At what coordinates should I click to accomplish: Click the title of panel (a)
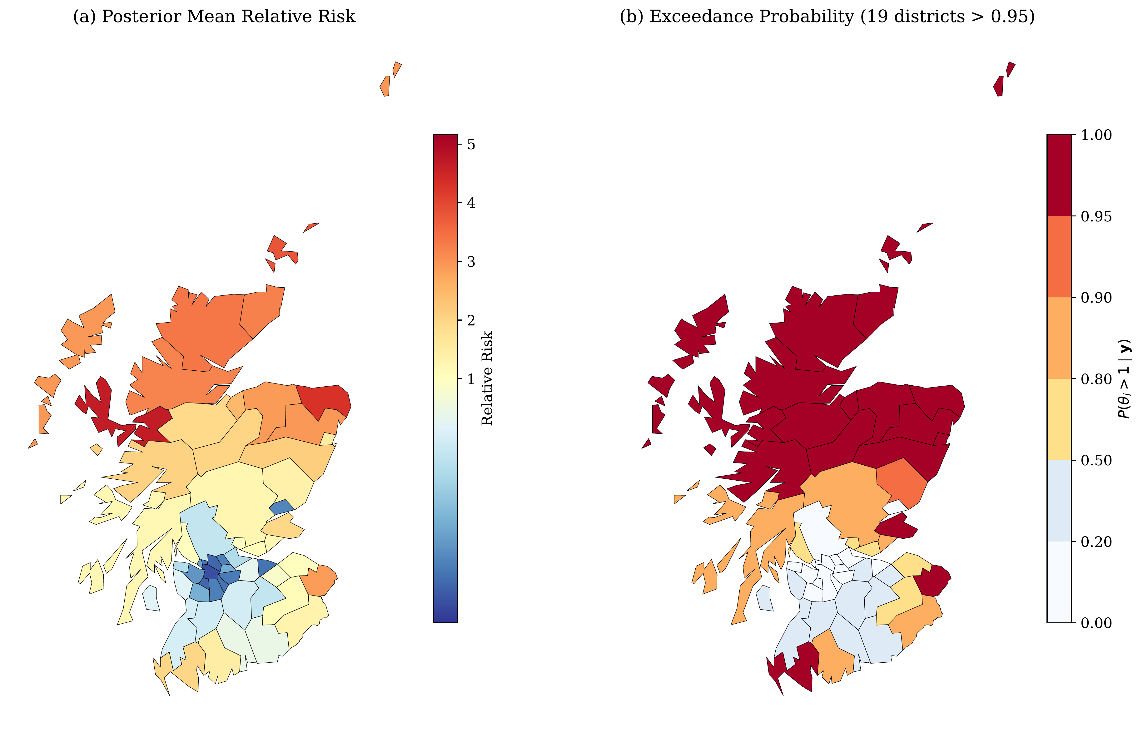[x=214, y=17]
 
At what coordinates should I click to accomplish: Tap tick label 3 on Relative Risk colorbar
[x=471, y=262]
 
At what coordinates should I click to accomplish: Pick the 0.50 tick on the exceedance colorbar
[x=1096, y=460]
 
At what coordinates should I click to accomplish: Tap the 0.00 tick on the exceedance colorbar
[x=1096, y=623]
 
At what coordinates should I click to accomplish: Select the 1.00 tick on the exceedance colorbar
[x=1096, y=135]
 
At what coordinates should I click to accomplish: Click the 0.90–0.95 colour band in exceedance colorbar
[x=1059, y=256]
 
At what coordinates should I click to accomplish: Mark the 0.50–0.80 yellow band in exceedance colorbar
[x=1059, y=419]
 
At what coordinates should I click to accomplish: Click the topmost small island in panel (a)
[x=397, y=68]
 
